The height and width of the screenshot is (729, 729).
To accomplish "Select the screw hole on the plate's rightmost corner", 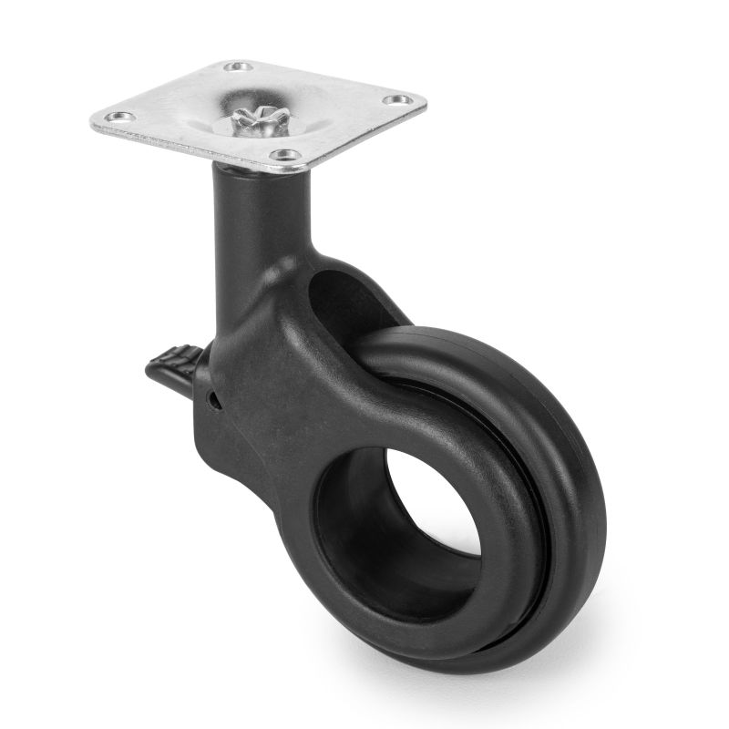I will [395, 99].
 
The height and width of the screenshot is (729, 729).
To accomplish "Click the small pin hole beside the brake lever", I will [211, 397].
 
